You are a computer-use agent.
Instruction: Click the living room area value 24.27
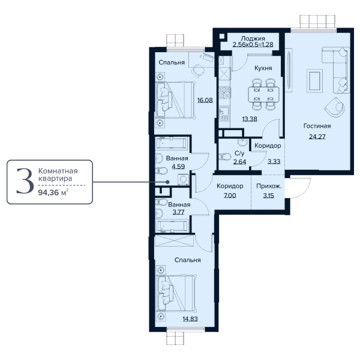tap(317, 137)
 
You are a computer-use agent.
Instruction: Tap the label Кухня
tap(263, 68)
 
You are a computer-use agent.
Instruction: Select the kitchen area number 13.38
tap(250, 119)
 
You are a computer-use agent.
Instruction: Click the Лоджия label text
tap(253, 38)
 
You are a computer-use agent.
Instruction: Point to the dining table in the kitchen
tap(264, 94)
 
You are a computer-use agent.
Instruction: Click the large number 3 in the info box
tap(25, 181)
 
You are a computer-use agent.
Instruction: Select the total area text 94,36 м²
tap(53, 193)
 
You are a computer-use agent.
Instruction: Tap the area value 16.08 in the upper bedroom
tap(205, 100)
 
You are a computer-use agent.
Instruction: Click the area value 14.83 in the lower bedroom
tap(190, 319)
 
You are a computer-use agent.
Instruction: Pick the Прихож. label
tap(269, 186)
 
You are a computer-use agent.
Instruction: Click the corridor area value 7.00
tap(230, 196)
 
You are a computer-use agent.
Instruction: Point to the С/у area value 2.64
tap(239, 161)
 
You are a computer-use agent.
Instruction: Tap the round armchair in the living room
tap(335, 107)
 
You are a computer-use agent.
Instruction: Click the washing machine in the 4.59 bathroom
tap(183, 179)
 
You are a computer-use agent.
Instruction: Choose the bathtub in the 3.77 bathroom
tap(172, 226)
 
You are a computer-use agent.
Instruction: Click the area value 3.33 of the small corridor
tap(274, 161)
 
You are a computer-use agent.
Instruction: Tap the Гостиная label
tap(317, 126)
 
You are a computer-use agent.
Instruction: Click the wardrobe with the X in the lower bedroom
tap(173, 241)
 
